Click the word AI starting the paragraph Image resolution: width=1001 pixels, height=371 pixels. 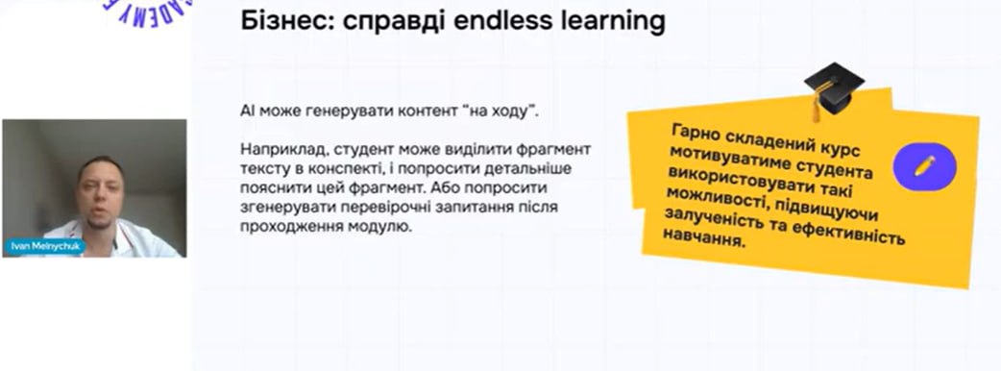pos(247,111)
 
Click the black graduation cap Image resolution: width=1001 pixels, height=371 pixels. pos(834,87)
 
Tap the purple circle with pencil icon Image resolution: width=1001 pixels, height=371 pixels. pos(924,166)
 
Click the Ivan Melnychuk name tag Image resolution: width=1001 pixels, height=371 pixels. pos(45,246)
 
